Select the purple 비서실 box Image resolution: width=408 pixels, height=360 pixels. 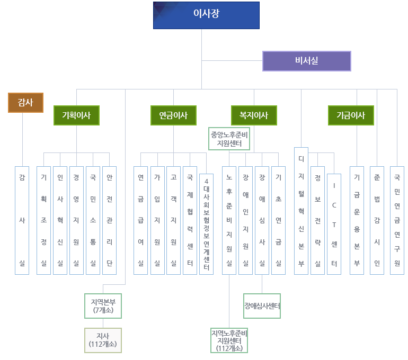pos(307,61)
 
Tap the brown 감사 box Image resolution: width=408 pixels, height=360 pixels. pos(25,103)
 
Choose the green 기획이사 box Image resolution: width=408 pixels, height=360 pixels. pos(76,115)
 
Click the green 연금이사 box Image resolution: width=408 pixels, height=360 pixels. pos(173,115)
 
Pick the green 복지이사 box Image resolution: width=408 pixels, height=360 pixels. pos(254,115)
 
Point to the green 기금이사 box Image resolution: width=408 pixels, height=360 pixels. pos(351,115)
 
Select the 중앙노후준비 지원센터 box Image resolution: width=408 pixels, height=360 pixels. pos(229,139)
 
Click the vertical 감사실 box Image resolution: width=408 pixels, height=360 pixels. pos(22,220)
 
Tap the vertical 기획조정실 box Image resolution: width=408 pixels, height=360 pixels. pos(43,220)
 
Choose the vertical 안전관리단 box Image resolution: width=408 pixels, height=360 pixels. pos(109,220)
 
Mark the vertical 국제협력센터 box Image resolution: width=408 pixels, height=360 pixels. pos(190,220)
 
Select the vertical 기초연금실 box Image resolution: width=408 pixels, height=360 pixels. pos(278,220)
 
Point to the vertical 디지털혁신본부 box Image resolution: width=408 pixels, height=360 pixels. pos(301,211)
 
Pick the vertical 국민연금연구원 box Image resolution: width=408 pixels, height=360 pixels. pos(397,220)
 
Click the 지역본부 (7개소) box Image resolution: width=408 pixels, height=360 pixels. pos(103,305)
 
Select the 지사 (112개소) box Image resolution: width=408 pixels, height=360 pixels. pos(103,340)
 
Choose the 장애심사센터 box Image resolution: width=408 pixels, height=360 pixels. pos(262,306)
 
